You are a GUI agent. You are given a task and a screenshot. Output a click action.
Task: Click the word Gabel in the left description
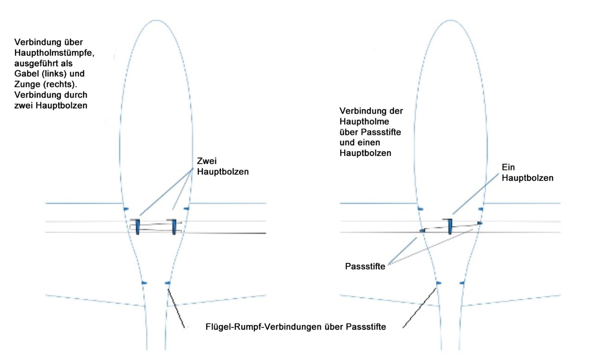25,73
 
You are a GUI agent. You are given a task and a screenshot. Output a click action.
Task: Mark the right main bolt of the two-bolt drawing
174,226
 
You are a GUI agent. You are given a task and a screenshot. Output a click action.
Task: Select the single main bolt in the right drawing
449,226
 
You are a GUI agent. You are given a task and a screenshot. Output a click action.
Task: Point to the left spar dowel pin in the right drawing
423,230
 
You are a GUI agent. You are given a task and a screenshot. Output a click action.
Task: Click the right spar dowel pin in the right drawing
480,223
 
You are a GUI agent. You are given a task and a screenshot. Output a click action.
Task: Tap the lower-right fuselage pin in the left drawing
167,284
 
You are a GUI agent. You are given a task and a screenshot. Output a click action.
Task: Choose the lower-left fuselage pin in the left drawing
144,284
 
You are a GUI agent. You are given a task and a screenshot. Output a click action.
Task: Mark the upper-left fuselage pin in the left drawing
126,208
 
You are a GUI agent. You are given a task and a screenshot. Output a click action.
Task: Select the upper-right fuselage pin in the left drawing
186,208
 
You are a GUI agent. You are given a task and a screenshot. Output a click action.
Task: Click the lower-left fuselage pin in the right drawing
438,284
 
